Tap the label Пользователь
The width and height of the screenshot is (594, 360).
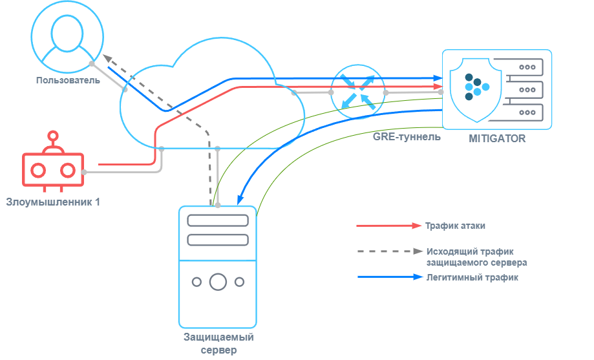click(x=69, y=81)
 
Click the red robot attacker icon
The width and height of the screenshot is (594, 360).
click(x=53, y=169)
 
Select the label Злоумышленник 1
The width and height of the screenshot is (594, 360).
click(x=53, y=202)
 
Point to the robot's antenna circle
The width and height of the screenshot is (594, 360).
click(x=53, y=136)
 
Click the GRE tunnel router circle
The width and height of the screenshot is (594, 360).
click(x=357, y=91)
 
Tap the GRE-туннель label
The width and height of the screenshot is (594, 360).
click(x=407, y=137)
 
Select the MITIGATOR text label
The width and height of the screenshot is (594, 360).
click(x=498, y=139)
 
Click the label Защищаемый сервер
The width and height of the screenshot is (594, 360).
click(x=218, y=344)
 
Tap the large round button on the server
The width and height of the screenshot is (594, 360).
click(x=218, y=282)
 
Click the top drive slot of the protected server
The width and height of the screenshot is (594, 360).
click(x=218, y=220)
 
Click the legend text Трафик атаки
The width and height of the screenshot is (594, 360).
click(x=455, y=226)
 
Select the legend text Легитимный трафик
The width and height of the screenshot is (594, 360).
click(x=472, y=277)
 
